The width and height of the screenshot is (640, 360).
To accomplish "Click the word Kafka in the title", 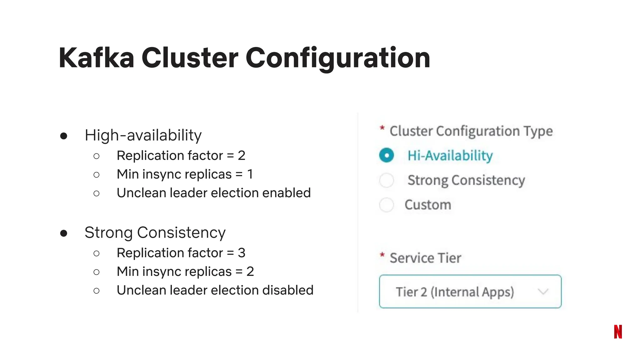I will click(x=96, y=58).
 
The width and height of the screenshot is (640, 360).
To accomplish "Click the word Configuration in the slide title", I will click(x=338, y=58).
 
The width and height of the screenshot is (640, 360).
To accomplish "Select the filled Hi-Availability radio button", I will click(x=387, y=155).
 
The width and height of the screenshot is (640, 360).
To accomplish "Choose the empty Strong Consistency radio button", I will click(x=387, y=180).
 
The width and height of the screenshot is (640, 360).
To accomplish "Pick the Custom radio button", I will click(x=387, y=205).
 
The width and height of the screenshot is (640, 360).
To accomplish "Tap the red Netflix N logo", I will click(x=618, y=332).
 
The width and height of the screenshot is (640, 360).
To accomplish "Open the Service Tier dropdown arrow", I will click(x=543, y=292).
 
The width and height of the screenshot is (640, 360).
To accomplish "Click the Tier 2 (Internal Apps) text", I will click(x=455, y=292).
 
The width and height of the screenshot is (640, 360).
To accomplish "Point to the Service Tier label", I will click(x=425, y=258).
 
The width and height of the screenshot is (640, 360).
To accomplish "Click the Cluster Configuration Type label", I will click(x=471, y=131).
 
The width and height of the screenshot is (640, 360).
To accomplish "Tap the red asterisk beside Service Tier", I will click(x=382, y=255).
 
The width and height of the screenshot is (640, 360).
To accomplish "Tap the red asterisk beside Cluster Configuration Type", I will click(x=382, y=128).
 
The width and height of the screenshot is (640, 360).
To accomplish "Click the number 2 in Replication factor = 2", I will click(x=242, y=156).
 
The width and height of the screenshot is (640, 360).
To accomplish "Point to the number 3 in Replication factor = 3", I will click(x=242, y=253).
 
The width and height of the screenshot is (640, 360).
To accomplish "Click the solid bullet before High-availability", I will click(x=64, y=136).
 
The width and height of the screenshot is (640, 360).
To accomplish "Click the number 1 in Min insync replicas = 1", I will click(x=250, y=174).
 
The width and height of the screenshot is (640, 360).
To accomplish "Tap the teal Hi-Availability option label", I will click(x=450, y=156).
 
